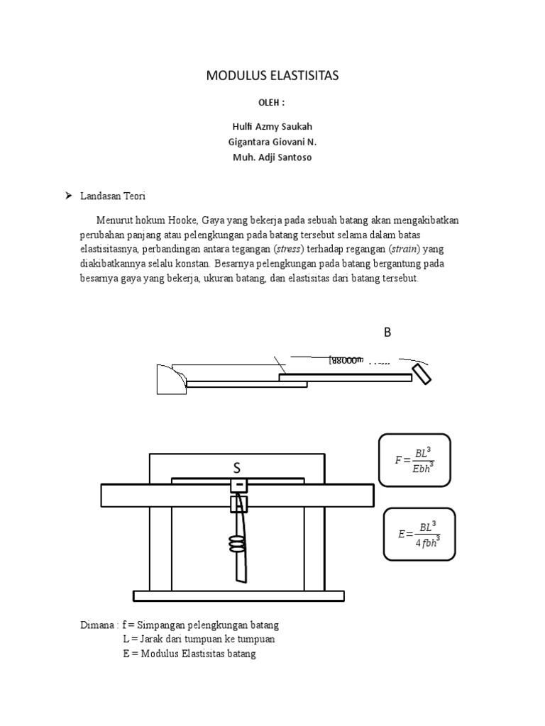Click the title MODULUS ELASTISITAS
[x=272, y=76]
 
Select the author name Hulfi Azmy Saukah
[x=272, y=127]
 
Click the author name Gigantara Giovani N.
[x=272, y=142]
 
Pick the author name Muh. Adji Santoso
[x=272, y=157]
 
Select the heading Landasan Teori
[x=112, y=196]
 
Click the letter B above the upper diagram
[x=387, y=333]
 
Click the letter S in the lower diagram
[x=237, y=469]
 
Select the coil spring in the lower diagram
[x=237, y=544]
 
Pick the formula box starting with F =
[x=414, y=460]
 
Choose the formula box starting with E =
[x=419, y=535]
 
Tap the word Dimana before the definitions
[x=97, y=625]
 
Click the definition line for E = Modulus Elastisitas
[x=189, y=654]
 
